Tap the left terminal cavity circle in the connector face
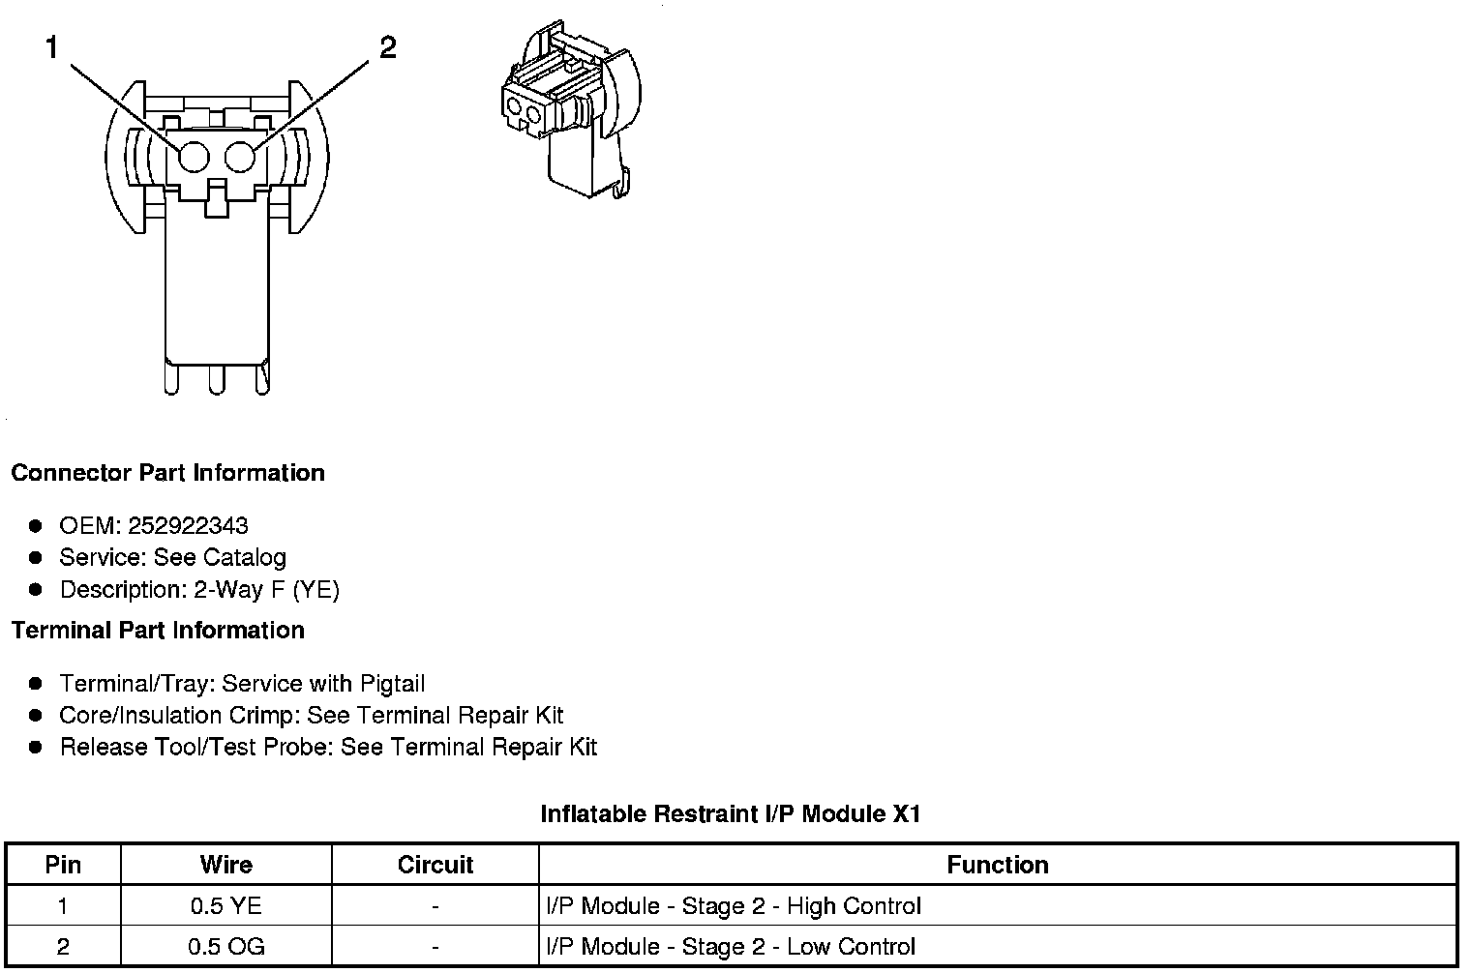tap(194, 157)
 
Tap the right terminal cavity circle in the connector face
tap(240, 157)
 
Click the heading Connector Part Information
tap(167, 473)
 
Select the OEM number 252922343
tap(188, 526)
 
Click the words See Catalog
tap(220, 558)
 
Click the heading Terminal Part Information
tap(158, 631)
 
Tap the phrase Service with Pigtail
tap(323, 684)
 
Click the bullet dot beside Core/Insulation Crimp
tap(36, 716)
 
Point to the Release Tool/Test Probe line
tap(328, 748)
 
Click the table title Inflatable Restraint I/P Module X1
tap(730, 814)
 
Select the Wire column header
tap(225, 865)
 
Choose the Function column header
tap(997, 865)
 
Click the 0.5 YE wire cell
tap(225, 906)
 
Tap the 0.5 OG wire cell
tap(225, 947)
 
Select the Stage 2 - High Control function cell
tap(734, 906)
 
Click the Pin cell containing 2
tap(63, 947)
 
